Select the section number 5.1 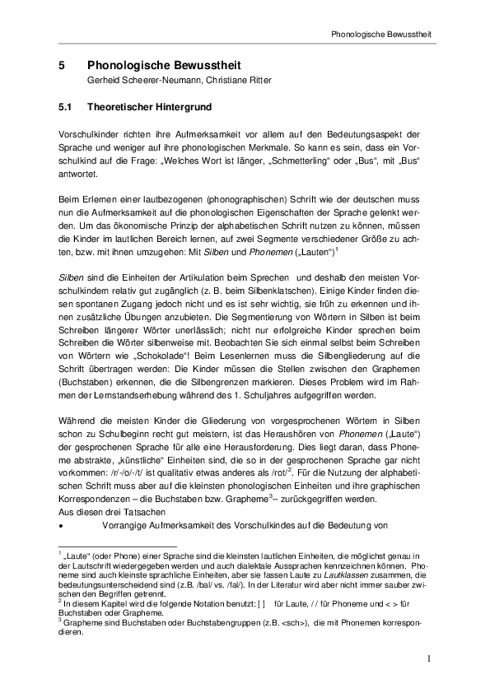pyautogui.click(x=67, y=107)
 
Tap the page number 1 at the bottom pyautogui.click(x=429, y=658)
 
